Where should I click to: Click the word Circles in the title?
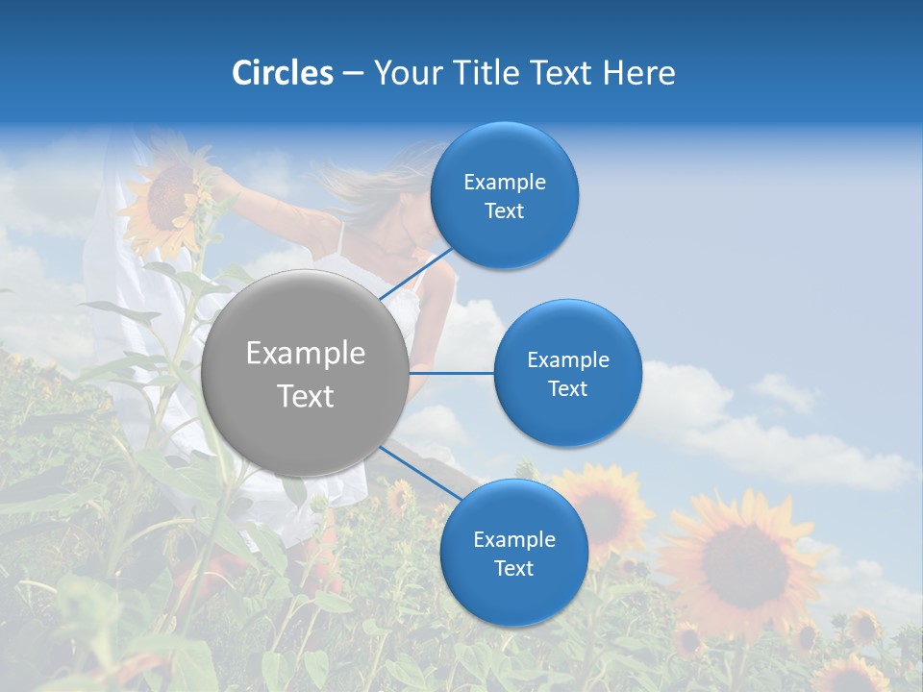283,73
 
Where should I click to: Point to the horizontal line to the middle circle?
452,373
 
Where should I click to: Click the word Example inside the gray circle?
305,353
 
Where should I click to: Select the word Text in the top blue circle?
504,211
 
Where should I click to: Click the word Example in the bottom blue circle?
514,539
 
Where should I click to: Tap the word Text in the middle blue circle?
567,388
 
